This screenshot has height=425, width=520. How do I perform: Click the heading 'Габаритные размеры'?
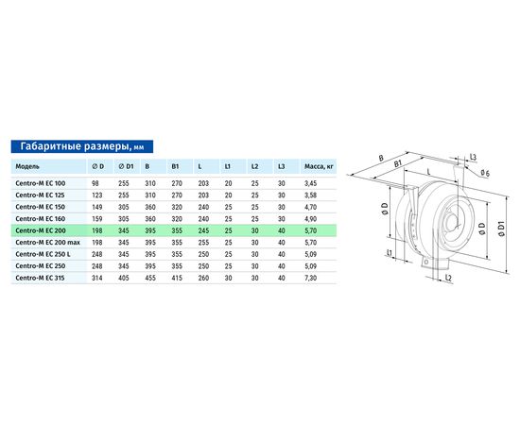pyautogui.click(x=75, y=146)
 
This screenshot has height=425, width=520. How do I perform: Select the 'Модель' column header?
pyautogui.click(x=27, y=166)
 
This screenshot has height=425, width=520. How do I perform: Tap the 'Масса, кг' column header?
pyautogui.click(x=319, y=166)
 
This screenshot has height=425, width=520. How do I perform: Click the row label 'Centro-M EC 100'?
pyautogui.click(x=40, y=183)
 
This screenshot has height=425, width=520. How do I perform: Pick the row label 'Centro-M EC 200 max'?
pyautogui.click(x=48, y=243)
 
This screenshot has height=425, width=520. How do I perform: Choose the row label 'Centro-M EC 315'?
pyautogui.click(x=40, y=278)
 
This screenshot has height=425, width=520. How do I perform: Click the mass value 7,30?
pyautogui.click(x=310, y=278)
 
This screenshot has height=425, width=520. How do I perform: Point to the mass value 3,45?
pyautogui.click(x=310, y=183)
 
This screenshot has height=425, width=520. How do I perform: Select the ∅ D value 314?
pyautogui.click(x=96, y=278)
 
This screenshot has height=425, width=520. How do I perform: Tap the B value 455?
pyautogui.click(x=150, y=278)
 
